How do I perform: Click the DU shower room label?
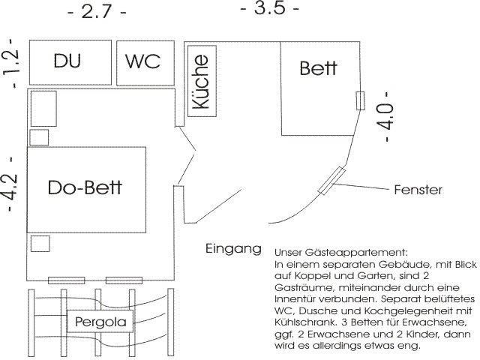pyautogui.click(x=67, y=61)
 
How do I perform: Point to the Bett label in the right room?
pyautogui.click(x=319, y=69)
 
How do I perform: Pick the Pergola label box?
pyautogui.click(x=105, y=322)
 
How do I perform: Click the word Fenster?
pyautogui.click(x=418, y=190)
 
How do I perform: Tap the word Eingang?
pyautogui.click(x=233, y=248)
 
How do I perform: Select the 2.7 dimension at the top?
pyautogui.click(x=97, y=13)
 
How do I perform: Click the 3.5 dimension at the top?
pyautogui.click(x=269, y=9)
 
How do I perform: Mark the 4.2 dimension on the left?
pyautogui.click(x=10, y=184)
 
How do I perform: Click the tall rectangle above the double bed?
pyautogui.click(x=43, y=109)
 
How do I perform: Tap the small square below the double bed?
pyautogui.click(x=40, y=244)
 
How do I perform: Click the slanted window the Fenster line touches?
pyautogui.click(x=330, y=181)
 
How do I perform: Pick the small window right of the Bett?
pyautogui.click(x=360, y=100)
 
